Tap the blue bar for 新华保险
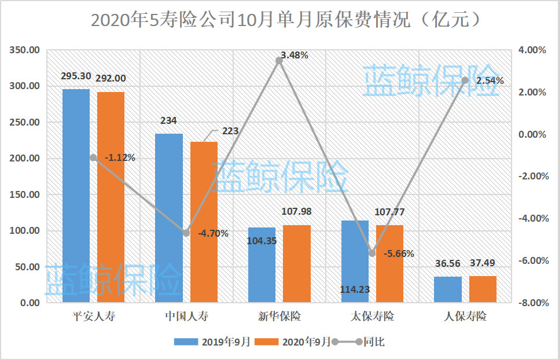262,265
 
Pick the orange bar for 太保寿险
389,263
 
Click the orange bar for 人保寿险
483,289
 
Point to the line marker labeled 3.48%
279,60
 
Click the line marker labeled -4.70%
186,233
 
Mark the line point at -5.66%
372,253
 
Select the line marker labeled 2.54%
465,80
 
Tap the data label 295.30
76,76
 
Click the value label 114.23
355,289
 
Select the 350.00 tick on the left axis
24,50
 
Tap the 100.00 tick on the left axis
24,231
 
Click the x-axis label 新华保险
279,317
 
